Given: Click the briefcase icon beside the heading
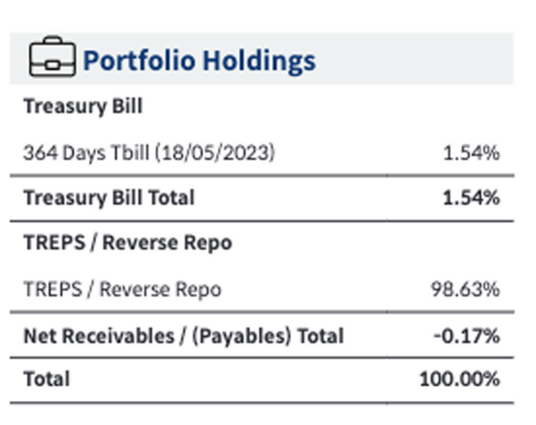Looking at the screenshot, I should [x=52, y=59].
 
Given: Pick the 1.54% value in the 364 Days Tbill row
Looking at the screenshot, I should [x=471, y=153].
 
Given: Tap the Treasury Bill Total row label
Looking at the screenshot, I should [x=109, y=197].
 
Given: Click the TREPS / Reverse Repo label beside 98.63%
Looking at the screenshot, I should [x=122, y=289].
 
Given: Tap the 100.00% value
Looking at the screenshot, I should [x=460, y=379].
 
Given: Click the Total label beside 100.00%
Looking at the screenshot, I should [x=46, y=379].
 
